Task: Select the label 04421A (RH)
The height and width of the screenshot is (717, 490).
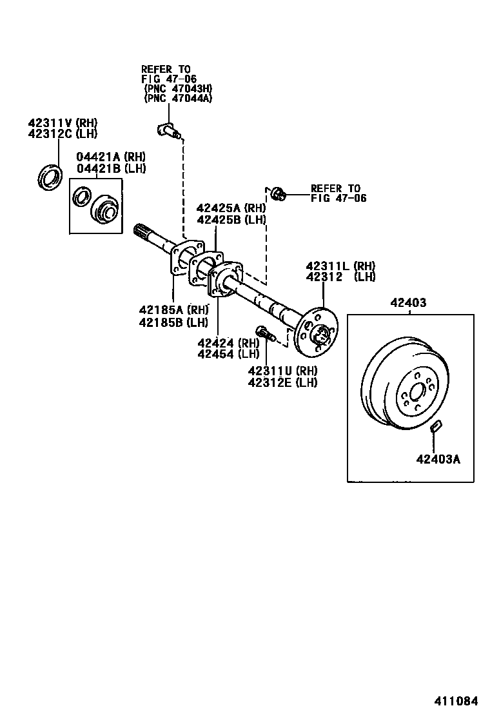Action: (111, 157)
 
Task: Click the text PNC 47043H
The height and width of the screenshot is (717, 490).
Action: (178, 88)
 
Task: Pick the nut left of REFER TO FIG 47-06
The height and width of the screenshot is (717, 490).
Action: (277, 194)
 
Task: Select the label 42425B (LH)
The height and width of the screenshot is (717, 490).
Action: (231, 219)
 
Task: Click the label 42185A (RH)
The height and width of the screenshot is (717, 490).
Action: (173, 311)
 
